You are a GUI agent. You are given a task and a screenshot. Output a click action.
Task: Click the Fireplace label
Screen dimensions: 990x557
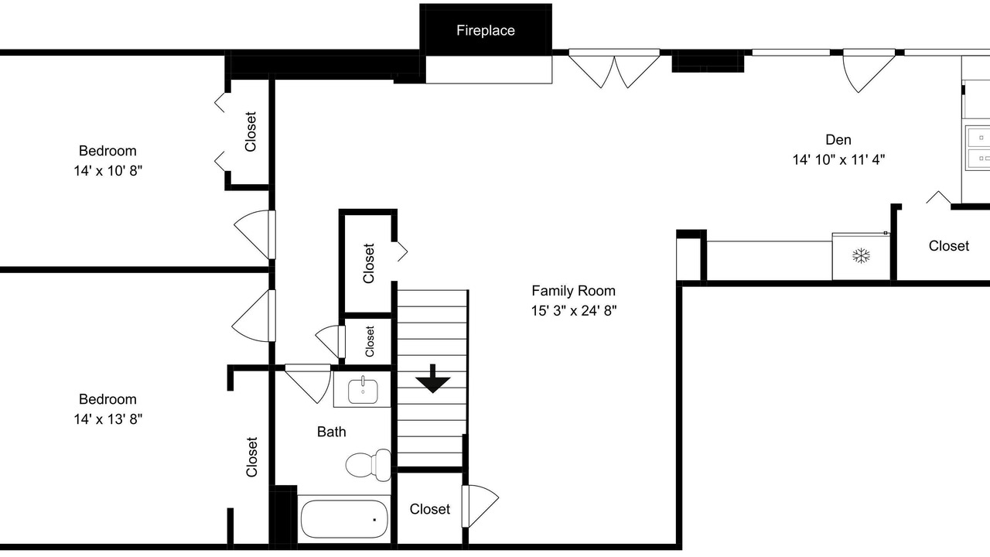click(x=485, y=30)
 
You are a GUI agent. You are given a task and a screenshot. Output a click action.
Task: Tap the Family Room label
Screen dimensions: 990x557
click(x=573, y=291)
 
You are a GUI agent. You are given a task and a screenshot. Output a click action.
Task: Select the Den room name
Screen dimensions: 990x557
click(x=838, y=140)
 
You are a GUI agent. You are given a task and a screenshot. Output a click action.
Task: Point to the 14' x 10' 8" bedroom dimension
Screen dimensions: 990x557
click(x=108, y=171)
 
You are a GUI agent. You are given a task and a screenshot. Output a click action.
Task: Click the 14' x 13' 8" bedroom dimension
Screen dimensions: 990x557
click(x=108, y=419)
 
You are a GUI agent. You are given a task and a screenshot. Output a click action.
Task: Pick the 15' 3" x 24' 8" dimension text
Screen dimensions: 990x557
click(x=573, y=311)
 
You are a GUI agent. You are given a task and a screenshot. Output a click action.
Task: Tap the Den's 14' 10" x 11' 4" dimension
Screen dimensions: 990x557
click(x=838, y=159)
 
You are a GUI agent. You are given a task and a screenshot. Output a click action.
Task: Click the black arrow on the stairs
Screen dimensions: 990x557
click(x=432, y=379)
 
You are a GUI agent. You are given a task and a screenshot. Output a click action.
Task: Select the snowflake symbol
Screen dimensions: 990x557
click(x=861, y=256)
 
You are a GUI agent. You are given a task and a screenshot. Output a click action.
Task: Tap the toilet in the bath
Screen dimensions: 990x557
click(x=368, y=465)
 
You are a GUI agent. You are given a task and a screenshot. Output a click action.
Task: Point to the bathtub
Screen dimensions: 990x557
click(x=344, y=519)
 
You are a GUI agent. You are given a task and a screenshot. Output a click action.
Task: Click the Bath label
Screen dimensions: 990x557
click(x=332, y=432)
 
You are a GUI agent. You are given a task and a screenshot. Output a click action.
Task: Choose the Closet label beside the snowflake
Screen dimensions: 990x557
click(x=948, y=246)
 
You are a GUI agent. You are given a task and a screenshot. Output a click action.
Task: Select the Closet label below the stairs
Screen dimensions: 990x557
click(x=429, y=509)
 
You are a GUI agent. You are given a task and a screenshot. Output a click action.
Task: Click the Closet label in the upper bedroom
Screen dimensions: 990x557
click(x=250, y=132)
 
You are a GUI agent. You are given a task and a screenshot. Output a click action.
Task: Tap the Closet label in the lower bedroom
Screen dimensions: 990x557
click(x=251, y=457)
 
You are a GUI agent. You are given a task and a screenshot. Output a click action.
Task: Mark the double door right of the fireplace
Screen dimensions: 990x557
click(x=614, y=69)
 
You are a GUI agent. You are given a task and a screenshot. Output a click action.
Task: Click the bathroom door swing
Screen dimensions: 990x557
click(x=308, y=384)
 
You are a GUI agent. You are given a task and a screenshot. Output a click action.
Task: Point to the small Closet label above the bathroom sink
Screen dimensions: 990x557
click(x=370, y=342)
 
